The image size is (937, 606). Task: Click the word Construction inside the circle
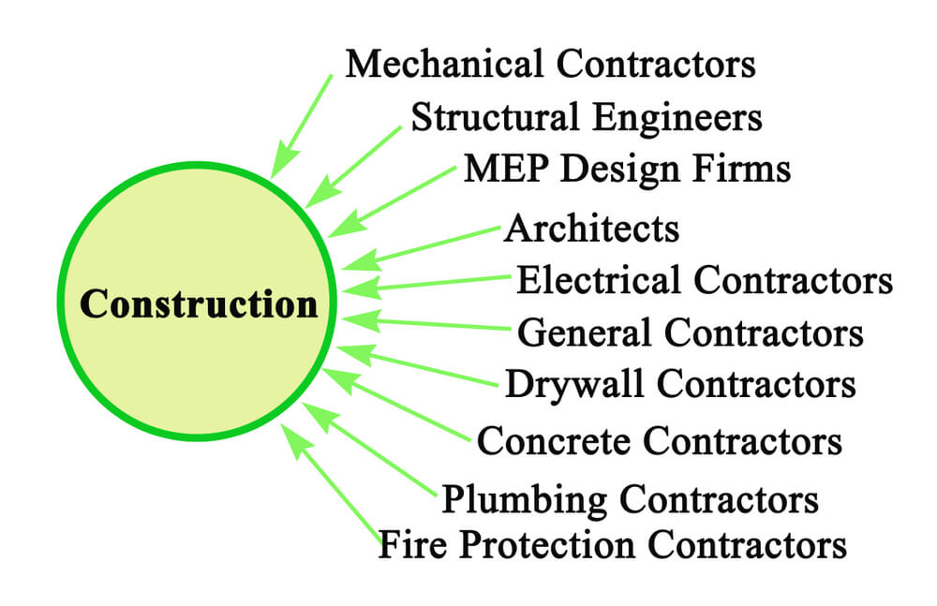point(199,303)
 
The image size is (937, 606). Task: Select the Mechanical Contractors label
point(550,64)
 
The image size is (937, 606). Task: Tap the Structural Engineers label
point(587,118)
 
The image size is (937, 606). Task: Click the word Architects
point(591,229)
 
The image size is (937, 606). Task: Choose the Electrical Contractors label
point(704,280)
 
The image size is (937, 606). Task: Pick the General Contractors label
point(691,333)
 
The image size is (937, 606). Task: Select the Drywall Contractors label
point(680,384)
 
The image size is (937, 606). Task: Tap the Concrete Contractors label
point(659,441)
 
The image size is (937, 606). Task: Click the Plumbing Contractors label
point(630,499)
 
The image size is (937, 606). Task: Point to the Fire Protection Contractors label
point(613,544)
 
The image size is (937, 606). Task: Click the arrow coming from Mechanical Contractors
point(301,126)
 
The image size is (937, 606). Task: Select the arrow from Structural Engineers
point(353,168)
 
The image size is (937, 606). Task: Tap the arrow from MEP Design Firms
point(392,201)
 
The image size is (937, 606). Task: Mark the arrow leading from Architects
point(422,248)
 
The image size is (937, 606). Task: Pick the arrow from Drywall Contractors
point(417,365)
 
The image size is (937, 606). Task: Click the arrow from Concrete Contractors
point(396,406)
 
